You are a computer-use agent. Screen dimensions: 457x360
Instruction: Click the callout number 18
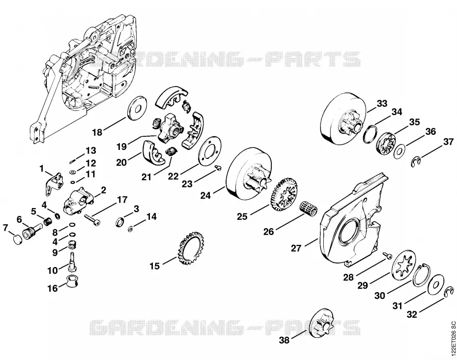click(97, 132)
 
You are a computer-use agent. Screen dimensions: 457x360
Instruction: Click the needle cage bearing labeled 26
click(309, 207)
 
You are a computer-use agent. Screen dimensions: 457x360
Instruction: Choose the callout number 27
click(296, 248)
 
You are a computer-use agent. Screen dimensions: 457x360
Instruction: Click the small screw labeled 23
click(218, 167)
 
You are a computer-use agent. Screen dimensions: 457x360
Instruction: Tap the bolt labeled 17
click(92, 219)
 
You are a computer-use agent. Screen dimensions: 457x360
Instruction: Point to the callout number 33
click(382, 103)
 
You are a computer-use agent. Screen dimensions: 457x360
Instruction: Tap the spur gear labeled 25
click(285, 195)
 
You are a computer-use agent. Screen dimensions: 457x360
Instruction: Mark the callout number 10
click(53, 270)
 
